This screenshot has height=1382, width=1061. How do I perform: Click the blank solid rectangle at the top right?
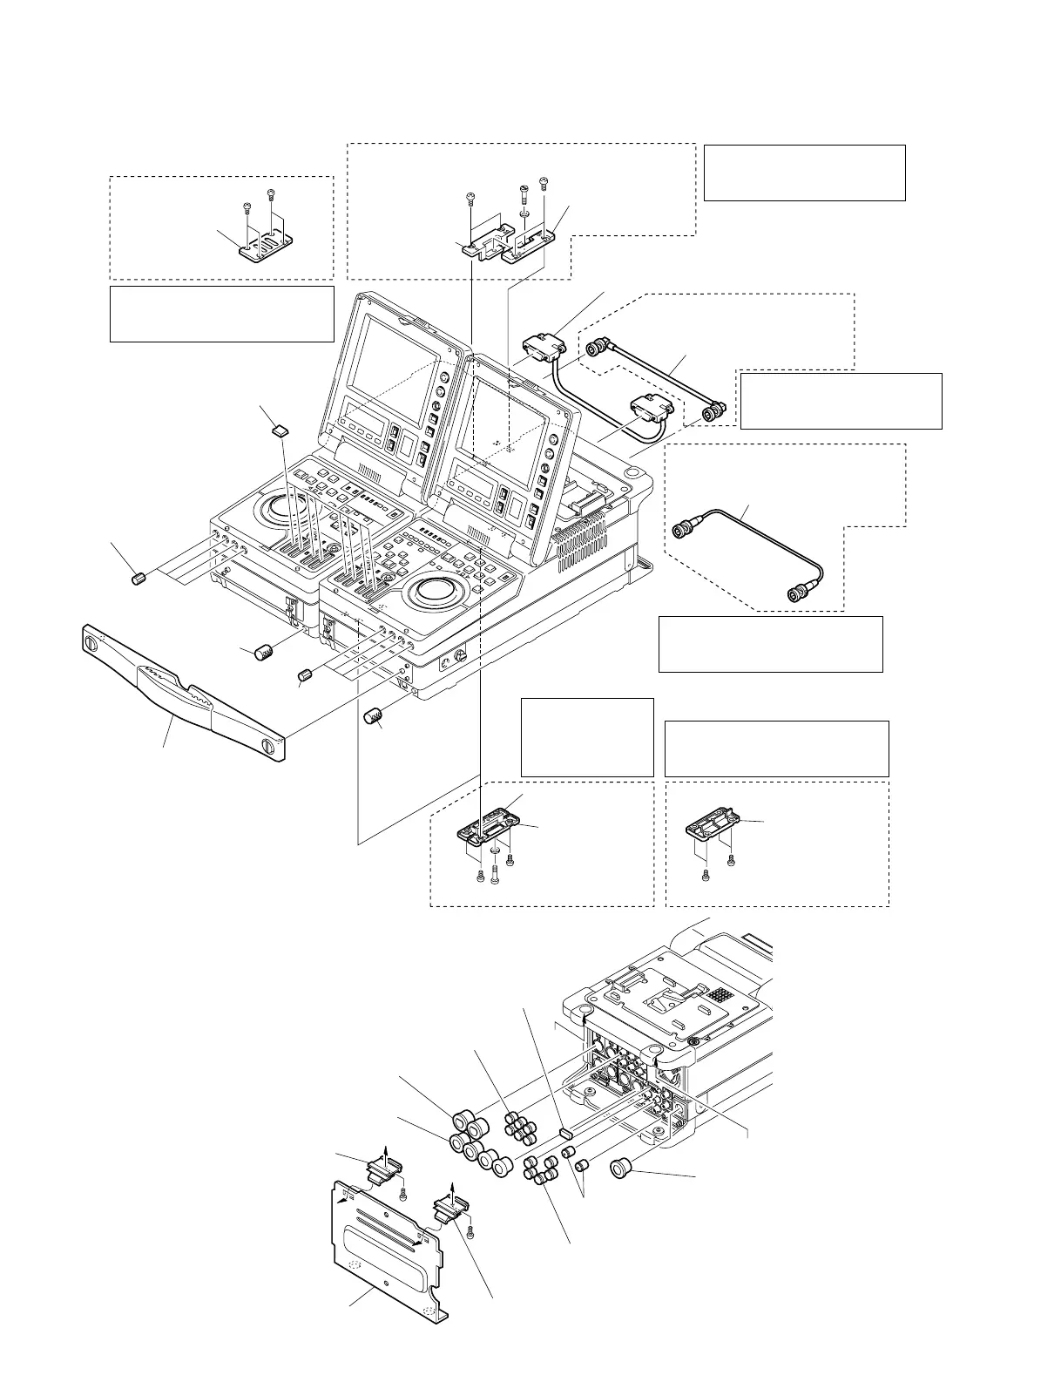[803, 173]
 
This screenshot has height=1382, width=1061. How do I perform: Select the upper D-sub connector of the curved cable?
[545, 350]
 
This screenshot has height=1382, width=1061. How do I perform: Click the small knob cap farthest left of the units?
[137, 578]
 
